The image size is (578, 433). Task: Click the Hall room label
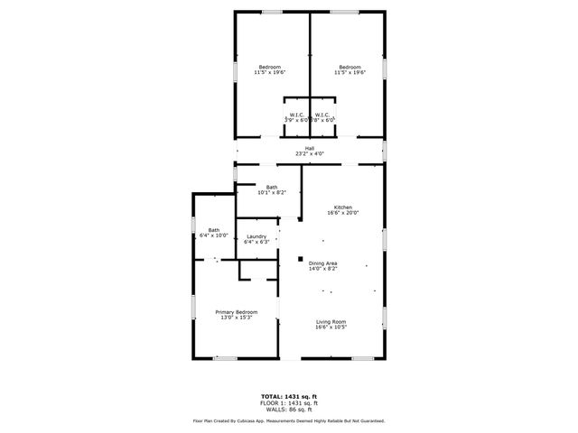coord(309,148)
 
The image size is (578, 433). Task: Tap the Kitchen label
coord(342,207)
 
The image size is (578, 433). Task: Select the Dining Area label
coord(322,263)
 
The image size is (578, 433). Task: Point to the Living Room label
coord(331,322)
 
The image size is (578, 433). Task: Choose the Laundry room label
coord(256,236)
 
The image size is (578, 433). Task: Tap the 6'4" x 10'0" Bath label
coord(214,230)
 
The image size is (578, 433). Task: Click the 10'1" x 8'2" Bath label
coord(272,187)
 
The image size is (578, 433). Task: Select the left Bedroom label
coord(270,68)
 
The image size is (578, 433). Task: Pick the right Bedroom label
coord(350,68)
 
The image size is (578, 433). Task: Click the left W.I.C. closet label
coord(296,115)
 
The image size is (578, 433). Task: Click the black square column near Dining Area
coord(301,259)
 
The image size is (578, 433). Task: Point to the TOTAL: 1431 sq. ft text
coord(289,396)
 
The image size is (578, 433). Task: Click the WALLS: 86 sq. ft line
coord(289,409)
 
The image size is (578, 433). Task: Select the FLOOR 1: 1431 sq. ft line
coord(289,402)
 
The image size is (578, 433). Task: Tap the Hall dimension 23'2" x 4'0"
coord(309,154)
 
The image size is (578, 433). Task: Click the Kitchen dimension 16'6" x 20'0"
coord(342,214)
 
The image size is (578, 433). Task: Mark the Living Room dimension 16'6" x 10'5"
coord(331,327)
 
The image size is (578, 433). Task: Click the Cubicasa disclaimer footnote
coord(289,420)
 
